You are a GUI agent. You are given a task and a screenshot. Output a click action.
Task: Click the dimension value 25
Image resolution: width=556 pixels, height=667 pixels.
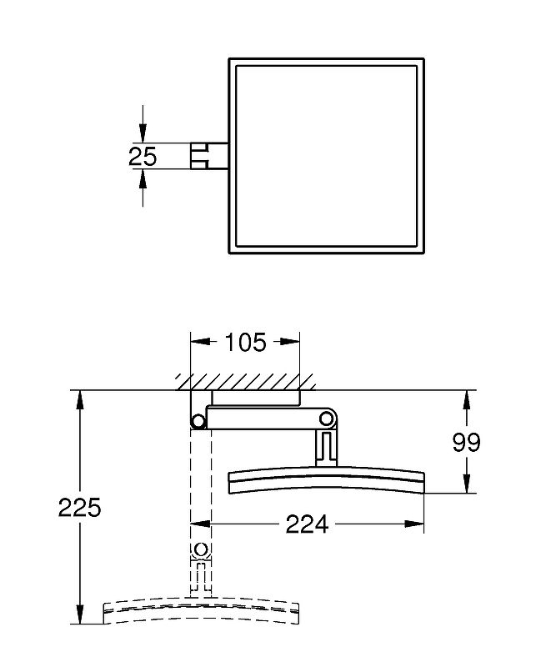(143, 156)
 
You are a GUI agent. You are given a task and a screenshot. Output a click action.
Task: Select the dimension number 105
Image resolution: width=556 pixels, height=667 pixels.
(245, 342)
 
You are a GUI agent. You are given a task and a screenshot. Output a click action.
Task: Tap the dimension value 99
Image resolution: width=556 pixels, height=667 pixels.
(466, 443)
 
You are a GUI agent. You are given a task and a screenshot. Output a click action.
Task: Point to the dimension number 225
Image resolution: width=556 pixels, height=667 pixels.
(79, 507)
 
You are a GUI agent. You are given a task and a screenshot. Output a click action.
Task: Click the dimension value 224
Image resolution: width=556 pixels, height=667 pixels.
(307, 524)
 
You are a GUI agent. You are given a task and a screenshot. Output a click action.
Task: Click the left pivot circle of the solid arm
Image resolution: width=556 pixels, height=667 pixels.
(198, 421)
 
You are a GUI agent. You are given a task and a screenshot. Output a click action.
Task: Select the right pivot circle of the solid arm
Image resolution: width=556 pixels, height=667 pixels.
(327, 419)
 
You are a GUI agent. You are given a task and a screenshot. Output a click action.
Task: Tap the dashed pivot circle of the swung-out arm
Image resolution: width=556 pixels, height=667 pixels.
(200, 549)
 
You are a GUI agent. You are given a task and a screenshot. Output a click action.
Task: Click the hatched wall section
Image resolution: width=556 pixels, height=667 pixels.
(247, 382)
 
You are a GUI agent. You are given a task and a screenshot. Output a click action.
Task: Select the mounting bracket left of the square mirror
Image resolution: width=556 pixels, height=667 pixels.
(209, 156)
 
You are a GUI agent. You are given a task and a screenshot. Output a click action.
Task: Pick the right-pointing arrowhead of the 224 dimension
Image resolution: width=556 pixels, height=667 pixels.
(414, 524)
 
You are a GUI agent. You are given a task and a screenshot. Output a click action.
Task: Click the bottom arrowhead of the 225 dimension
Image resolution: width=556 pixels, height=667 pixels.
(79, 614)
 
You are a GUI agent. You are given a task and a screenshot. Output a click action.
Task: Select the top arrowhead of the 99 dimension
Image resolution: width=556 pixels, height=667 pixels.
(467, 400)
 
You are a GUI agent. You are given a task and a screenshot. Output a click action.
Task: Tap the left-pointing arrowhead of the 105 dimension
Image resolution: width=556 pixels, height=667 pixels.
(200, 342)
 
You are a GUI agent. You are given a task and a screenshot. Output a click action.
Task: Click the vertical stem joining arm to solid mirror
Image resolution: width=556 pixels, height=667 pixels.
(326, 447)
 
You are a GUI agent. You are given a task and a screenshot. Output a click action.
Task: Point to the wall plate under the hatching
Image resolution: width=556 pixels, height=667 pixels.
(256, 398)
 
